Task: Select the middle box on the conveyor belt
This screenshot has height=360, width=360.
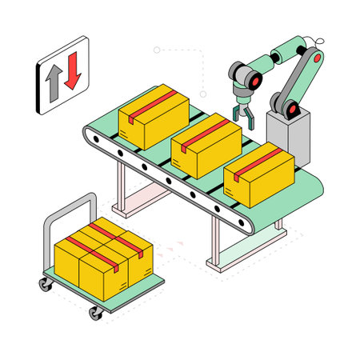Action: tap(206, 144)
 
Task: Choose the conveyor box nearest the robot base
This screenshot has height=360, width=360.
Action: tap(258, 174)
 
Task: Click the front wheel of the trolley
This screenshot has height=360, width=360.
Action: tap(96, 312)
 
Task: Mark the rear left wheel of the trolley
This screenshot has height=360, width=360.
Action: tap(43, 283)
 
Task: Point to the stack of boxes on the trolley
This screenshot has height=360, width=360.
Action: tap(102, 256)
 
